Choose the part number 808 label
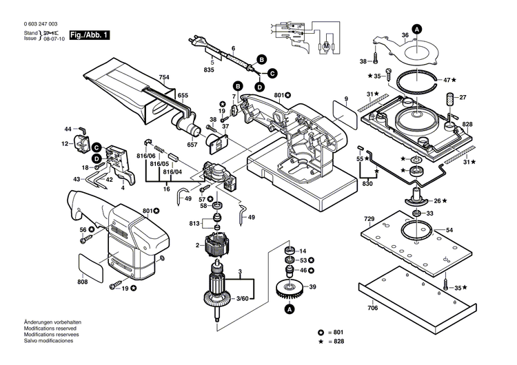point(83,282)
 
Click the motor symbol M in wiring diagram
point(327,45)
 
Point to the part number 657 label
point(192,145)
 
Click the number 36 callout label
point(405,35)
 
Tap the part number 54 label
point(449,229)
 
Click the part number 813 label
point(196,223)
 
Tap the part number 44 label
point(68,129)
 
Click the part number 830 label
point(367,184)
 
